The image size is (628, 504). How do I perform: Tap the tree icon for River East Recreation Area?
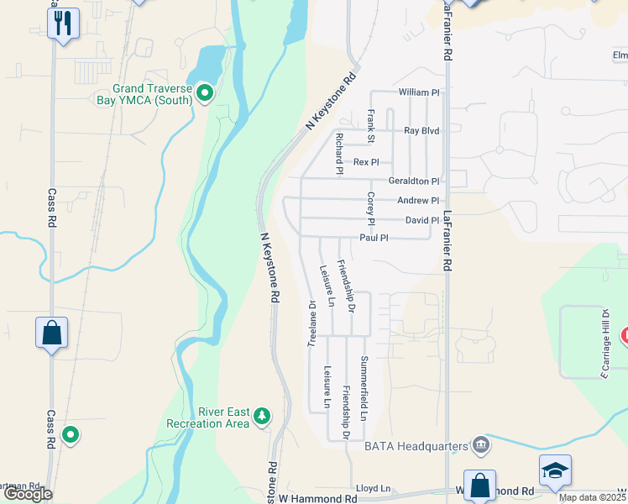263,416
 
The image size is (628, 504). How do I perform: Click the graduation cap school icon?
555,470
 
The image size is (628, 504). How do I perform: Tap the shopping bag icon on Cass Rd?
51,333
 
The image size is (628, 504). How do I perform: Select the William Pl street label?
419,92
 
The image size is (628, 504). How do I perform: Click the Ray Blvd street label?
421,131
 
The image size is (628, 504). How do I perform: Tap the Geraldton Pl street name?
413,181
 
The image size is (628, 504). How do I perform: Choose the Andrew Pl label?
418,201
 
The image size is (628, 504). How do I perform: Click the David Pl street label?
422,220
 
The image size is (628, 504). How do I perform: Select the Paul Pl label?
374,238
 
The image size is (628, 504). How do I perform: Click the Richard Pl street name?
339,153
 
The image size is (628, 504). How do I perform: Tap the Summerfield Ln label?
364,388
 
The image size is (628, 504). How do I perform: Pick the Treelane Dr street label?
311,323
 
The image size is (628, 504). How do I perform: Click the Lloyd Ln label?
374,488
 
